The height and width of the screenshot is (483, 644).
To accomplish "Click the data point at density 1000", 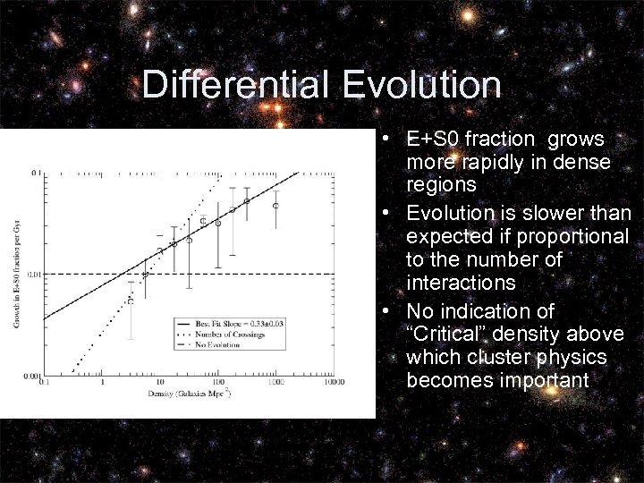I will pos(275,206).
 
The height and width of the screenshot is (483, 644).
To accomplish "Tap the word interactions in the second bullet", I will pos(460,283).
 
